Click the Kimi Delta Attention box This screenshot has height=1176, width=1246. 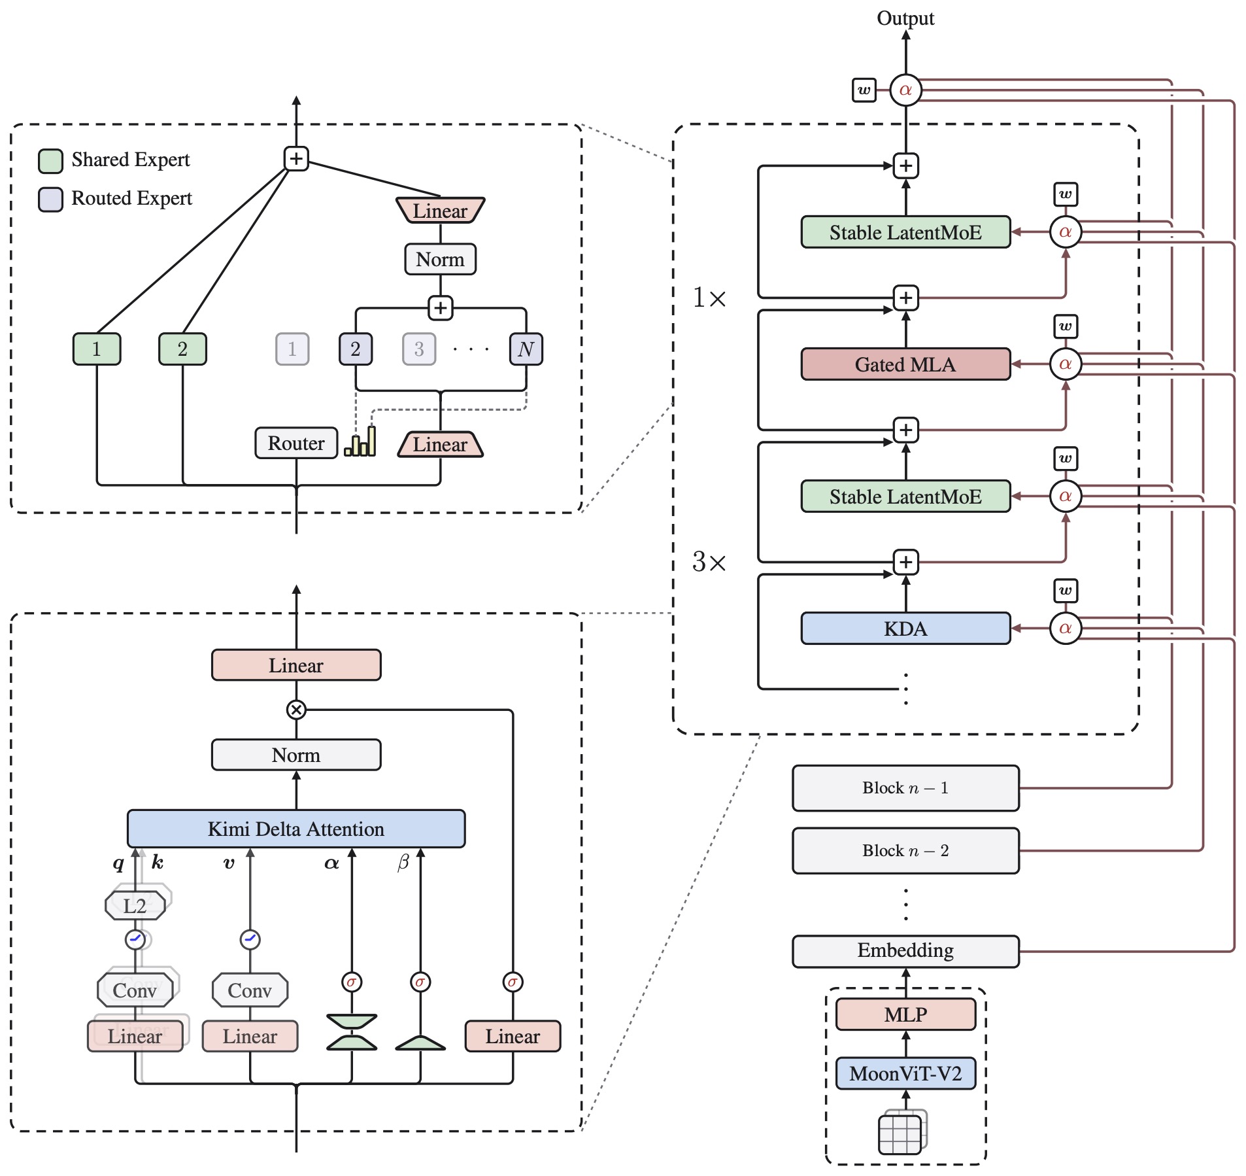tap(296, 829)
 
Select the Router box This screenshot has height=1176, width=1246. tap(296, 443)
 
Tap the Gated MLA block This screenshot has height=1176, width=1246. tap(905, 364)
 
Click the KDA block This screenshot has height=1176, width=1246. tap(905, 629)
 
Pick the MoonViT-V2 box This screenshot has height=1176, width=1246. tap(905, 1073)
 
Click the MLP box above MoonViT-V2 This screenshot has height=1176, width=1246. tap(905, 1014)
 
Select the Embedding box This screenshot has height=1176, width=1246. tap(905, 951)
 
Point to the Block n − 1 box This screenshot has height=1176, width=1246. tap(905, 788)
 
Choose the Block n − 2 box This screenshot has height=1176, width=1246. tap(905, 851)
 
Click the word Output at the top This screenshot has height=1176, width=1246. tap(905, 18)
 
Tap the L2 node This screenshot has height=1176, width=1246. tap(135, 906)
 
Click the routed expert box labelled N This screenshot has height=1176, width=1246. tap(526, 349)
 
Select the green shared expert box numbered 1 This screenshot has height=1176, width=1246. tap(97, 349)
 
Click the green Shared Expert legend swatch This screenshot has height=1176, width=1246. tap(50, 161)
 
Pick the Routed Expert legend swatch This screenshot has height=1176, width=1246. tap(50, 199)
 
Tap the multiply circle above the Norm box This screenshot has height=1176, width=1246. tap(296, 710)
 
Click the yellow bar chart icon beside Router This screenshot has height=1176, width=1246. tap(360, 441)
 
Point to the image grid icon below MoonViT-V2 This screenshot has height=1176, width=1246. tap(902, 1131)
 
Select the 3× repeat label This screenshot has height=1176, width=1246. tap(709, 562)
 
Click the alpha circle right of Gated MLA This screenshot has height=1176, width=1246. tap(1066, 364)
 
